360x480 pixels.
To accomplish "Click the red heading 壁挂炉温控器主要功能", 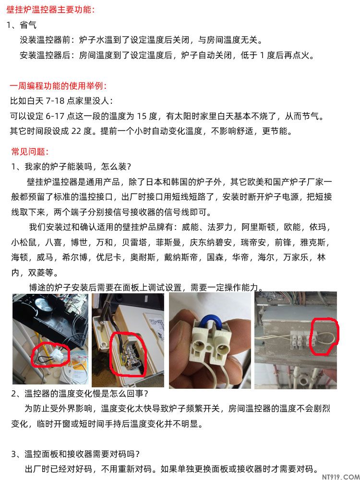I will point(50,10).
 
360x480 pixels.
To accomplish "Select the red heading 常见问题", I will point(30,152).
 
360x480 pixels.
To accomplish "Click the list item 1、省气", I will point(22,25).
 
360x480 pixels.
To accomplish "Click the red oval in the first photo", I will point(50,355).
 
